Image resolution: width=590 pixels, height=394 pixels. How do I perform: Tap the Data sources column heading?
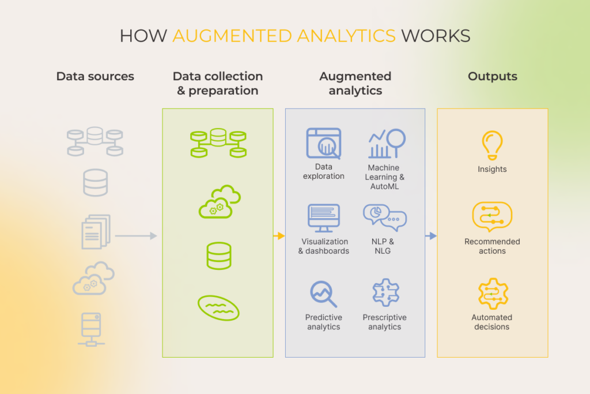[95, 76]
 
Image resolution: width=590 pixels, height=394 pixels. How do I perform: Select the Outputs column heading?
[492, 76]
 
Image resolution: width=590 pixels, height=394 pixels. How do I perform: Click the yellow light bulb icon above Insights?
[492, 145]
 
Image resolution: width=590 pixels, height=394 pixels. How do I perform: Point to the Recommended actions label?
[492, 246]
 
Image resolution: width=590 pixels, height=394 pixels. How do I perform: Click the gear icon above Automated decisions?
[492, 293]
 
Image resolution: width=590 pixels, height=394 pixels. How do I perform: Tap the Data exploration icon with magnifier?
[324, 144]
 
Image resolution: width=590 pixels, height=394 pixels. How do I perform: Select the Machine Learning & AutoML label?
[384, 177]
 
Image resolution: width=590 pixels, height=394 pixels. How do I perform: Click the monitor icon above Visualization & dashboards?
[324, 218]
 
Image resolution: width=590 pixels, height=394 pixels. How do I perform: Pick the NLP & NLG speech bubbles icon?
[384, 217]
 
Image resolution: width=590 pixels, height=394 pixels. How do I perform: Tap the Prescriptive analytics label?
[384, 322]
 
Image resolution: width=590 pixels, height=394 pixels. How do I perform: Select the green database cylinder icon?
[219, 256]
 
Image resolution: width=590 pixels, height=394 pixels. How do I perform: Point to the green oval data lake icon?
[218, 307]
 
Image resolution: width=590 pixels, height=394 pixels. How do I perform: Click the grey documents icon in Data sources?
[96, 231]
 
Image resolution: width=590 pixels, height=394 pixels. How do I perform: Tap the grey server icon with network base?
[90, 329]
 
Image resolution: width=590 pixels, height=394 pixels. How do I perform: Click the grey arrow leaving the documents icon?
[135, 236]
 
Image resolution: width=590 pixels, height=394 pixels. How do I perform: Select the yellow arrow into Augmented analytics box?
[279, 236]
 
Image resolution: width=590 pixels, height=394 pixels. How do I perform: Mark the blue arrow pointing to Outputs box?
[431, 236]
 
